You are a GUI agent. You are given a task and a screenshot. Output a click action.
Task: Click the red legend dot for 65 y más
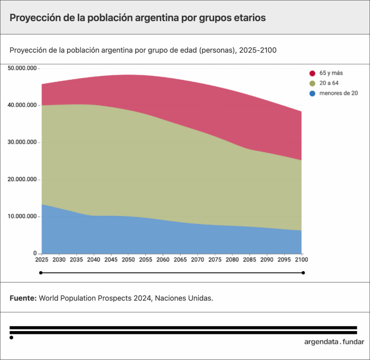312,73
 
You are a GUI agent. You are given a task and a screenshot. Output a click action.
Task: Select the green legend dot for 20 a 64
312,83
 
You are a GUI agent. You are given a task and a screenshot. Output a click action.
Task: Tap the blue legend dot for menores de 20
312,94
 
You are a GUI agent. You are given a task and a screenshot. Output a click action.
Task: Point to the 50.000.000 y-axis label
22,68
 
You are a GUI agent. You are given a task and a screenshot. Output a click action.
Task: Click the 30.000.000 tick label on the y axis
22,142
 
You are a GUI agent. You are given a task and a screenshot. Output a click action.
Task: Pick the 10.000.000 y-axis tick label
22,216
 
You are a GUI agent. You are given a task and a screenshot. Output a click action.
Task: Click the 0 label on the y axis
35,253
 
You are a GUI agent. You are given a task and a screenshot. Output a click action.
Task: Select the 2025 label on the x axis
42,260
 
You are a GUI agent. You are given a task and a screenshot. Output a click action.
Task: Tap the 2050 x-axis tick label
128,260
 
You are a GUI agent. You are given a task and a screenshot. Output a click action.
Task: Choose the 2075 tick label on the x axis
215,260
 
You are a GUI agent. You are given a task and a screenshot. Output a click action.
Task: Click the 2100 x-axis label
301,260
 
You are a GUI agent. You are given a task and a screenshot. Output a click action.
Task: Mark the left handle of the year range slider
41,273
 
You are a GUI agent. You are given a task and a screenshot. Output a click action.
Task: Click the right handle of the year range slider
303,273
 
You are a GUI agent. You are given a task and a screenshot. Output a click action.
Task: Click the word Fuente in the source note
23,298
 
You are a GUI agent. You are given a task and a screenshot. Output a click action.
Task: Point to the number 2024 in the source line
142,298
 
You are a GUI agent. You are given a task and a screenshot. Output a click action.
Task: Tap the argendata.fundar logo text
334,342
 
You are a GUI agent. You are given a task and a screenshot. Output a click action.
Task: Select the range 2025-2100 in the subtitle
258,50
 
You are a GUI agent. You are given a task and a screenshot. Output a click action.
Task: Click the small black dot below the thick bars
11,337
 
